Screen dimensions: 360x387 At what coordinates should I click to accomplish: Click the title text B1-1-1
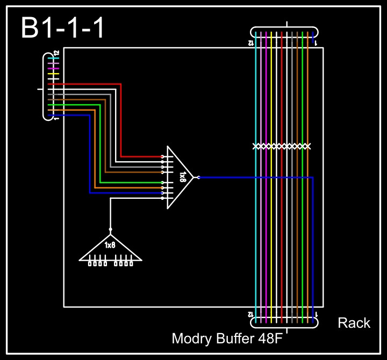pos(63,28)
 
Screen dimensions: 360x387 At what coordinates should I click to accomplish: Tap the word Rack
pos(354,323)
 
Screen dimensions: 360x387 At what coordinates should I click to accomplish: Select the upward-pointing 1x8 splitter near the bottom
pos(110,249)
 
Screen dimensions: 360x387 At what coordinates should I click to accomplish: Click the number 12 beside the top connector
pos(251,42)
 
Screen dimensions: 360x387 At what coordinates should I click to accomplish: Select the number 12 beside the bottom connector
pos(250,313)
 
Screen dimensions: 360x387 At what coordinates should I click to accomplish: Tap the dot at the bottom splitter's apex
pos(110,229)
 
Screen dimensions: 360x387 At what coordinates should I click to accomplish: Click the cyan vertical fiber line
pos(256,215)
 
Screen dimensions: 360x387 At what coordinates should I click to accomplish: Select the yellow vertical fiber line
pos(276,215)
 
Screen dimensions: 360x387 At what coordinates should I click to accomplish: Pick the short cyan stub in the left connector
pos(51,59)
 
